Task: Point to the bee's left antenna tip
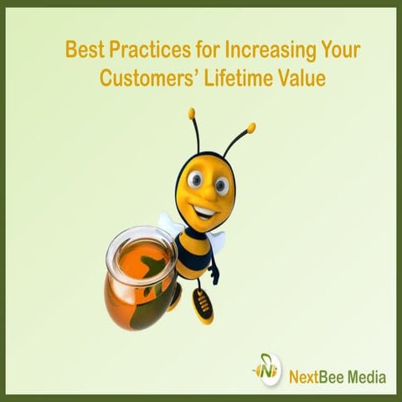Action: pos(192,112)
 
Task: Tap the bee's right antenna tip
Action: pos(250,127)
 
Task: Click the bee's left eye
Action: pos(194,179)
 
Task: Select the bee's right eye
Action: pos(222,184)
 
